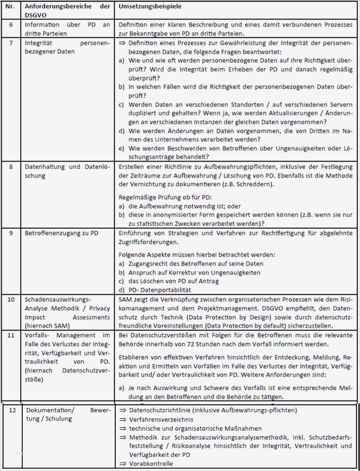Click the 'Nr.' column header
(11, 7)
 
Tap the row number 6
(11, 25)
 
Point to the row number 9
(11, 233)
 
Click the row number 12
(12, 410)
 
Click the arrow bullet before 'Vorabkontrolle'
(123, 464)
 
